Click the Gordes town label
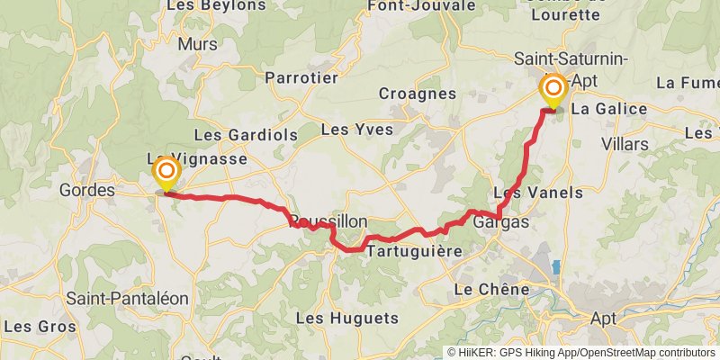click(x=87, y=191)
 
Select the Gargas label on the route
click(x=500, y=221)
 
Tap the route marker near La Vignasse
click(x=166, y=171)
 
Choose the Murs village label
click(x=198, y=43)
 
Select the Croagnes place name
click(x=416, y=93)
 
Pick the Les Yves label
click(x=357, y=130)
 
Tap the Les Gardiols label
click(x=232, y=134)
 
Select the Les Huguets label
click(x=346, y=318)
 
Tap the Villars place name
click(x=624, y=144)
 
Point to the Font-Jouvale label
click(x=421, y=5)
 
